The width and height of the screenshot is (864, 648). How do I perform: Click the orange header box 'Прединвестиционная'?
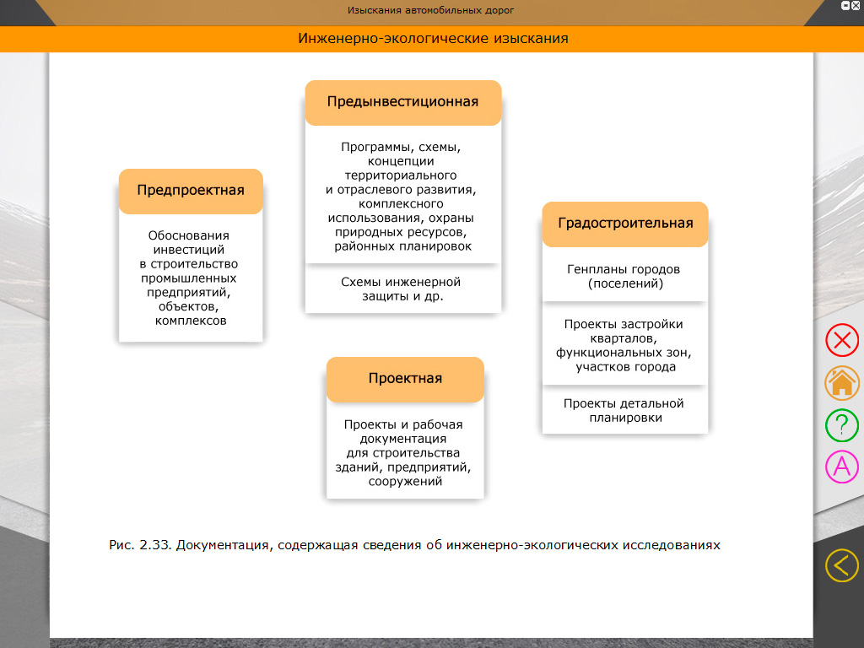[x=402, y=102]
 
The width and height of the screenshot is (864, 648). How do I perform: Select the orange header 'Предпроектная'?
[x=191, y=191]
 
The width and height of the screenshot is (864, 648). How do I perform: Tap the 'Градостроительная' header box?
[x=625, y=224]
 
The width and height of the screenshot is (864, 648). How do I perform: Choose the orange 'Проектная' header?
[x=405, y=379]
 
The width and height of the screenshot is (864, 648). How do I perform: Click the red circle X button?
[x=841, y=341]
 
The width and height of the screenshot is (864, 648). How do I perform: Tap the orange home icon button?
[x=841, y=383]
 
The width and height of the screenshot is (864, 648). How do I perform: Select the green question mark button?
[x=841, y=425]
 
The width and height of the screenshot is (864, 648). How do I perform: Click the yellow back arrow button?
[x=841, y=565]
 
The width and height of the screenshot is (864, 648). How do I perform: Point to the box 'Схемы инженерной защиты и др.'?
[x=402, y=289]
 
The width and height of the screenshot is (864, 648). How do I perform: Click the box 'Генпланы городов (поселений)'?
[x=625, y=277]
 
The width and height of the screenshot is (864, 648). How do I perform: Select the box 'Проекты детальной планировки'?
[x=624, y=410]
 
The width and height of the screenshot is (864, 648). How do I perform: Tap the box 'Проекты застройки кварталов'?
[x=624, y=345]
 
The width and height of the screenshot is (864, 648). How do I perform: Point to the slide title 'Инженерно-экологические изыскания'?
[x=433, y=39]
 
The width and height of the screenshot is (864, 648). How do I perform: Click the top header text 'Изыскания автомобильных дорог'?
[x=430, y=11]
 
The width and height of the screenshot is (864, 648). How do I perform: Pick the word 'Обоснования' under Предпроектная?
[x=189, y=236]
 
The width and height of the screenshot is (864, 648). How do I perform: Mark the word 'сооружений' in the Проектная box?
[x=405, y=482]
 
